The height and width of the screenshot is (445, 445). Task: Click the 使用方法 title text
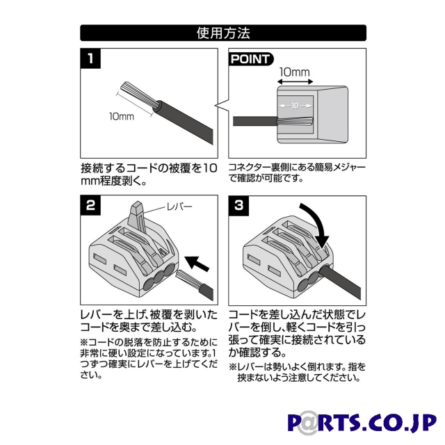[223, 33]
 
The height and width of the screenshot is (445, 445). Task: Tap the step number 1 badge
[90, 58]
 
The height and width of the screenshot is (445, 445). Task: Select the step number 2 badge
[90, 205]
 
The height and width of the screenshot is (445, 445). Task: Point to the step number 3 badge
[238, 206]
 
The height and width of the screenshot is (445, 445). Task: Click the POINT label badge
[251, 59]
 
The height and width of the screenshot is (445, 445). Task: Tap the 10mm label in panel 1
[122, 116]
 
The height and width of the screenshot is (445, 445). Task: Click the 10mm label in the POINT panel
[295, 72]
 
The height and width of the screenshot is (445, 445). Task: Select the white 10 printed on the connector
[295, 106]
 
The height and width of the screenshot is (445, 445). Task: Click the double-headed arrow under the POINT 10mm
[295, 82]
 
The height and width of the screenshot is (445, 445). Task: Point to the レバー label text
[179, 207]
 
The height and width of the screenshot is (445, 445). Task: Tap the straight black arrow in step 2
[197, 264]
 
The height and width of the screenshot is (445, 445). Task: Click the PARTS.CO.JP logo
[362, 423]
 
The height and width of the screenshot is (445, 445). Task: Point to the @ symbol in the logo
[307, 423]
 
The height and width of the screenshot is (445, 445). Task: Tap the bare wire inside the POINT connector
[295, 121]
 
